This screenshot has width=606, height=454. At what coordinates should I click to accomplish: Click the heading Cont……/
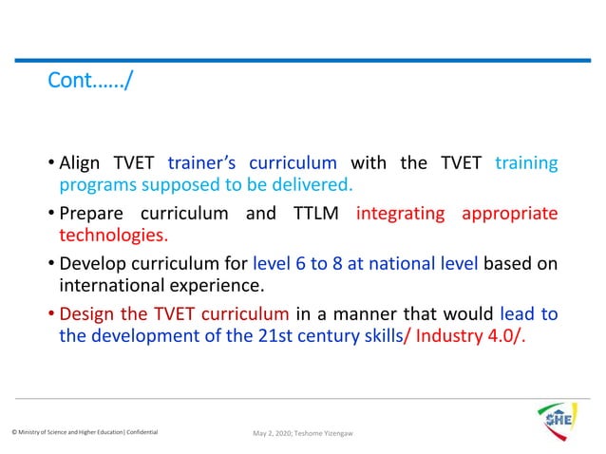click(x=90, y=83)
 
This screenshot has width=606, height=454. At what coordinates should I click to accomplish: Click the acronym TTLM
click(x=312, y=213)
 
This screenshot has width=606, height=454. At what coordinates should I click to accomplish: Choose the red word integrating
click(x=400, y=213)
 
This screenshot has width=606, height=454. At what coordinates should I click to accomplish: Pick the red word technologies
click(x=114, y=234)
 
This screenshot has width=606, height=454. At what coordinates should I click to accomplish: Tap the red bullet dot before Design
click(x=51, y=314)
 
